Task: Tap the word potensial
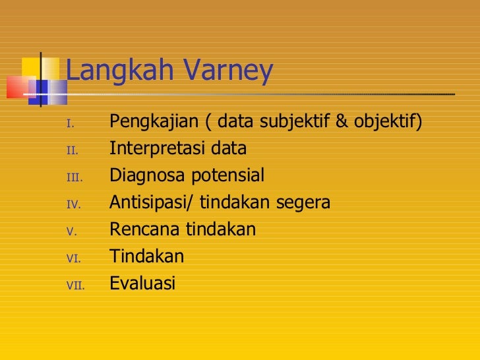click(x=225, y=176)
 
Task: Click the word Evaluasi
click(x=142, y=284)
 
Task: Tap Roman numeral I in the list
click(x=71, y=123)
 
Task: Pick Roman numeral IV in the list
click(x=73, y=204)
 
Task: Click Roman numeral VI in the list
click(x=73, y=258)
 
